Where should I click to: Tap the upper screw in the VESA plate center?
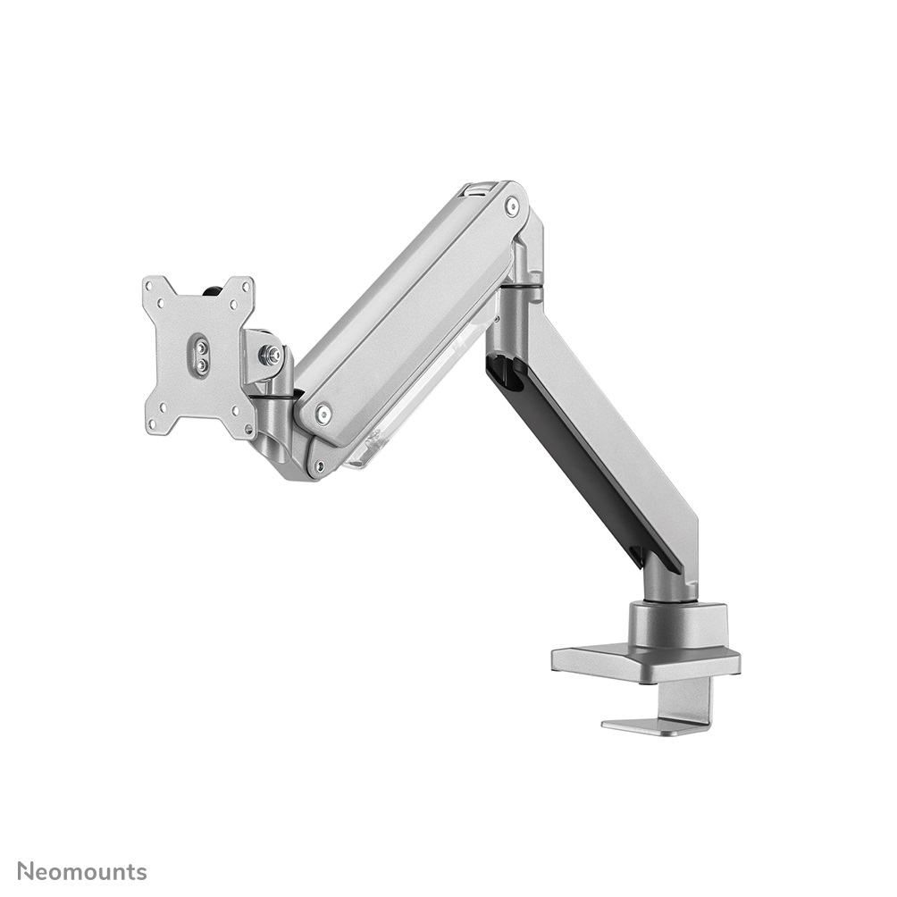(x=201, y=343)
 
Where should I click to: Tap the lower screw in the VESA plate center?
(x=202, y=365)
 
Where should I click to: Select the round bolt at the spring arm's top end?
(x=511, y=206)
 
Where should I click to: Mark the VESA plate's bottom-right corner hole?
(x=238, y=425)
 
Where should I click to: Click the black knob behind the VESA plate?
(x=215, y=289)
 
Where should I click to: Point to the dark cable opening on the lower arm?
(x=506, y=373)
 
